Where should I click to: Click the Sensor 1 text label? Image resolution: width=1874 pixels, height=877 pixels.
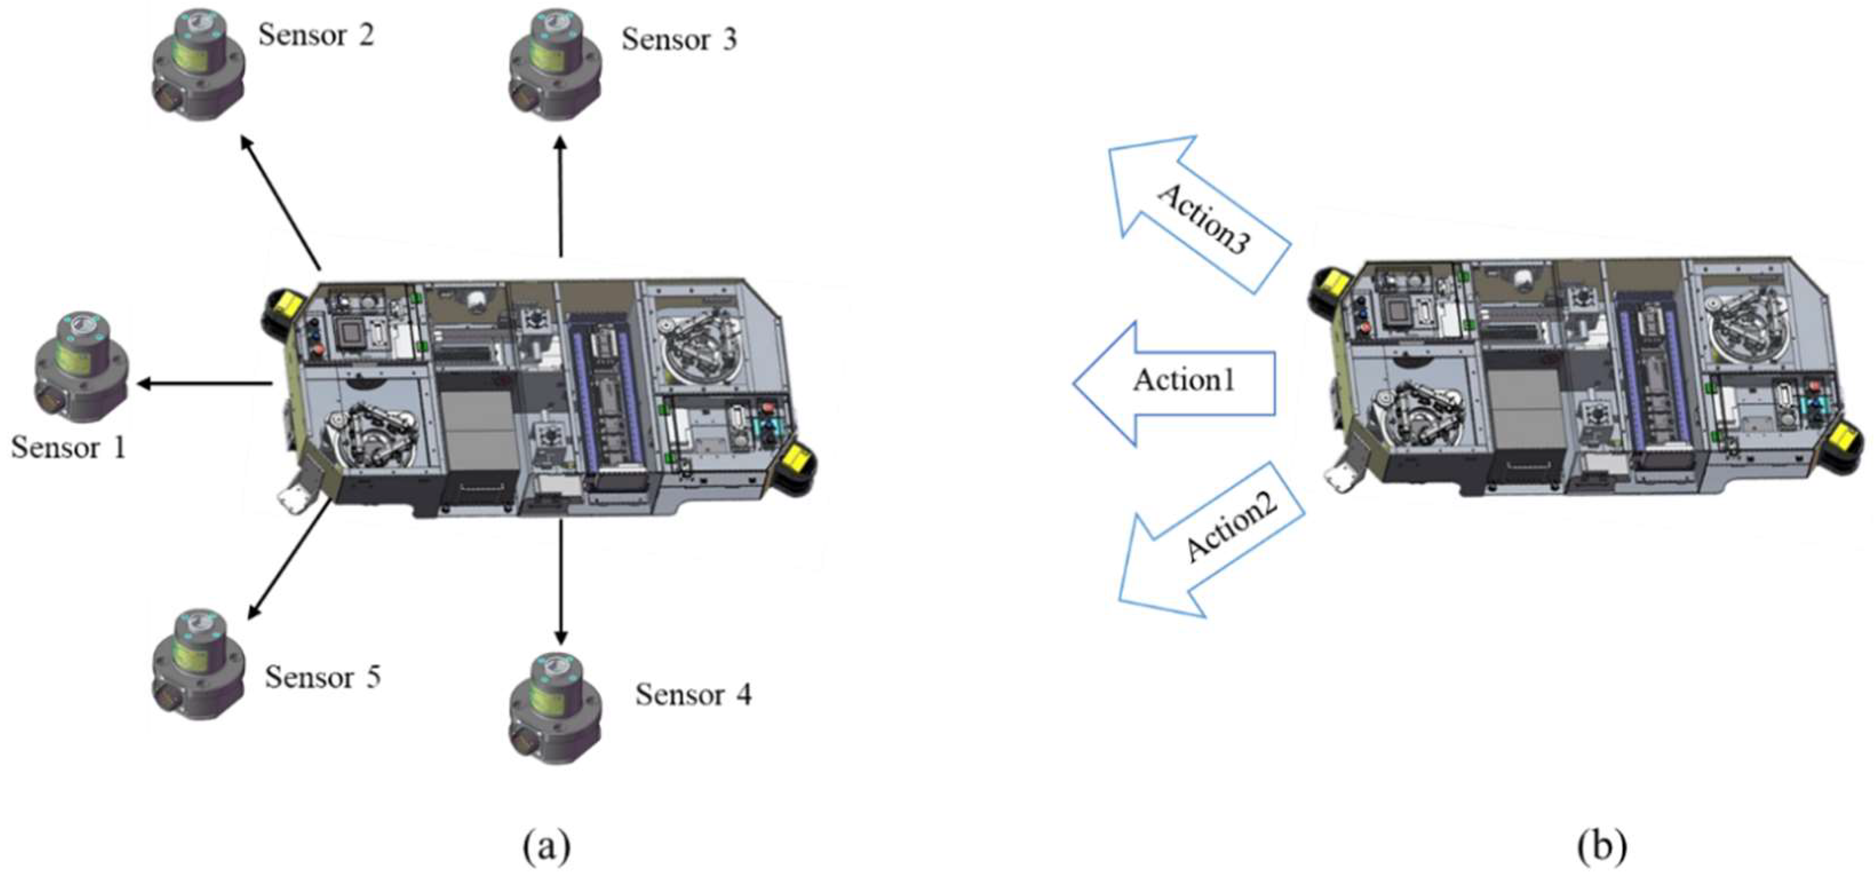69,447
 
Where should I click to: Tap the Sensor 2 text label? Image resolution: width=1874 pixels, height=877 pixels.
316,35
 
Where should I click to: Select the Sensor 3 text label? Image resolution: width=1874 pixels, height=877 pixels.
679,39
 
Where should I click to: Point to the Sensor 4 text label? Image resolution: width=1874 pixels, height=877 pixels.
693,695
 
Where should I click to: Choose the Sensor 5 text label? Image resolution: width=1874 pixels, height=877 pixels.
323,677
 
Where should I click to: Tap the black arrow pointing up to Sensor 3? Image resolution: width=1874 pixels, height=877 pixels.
560,196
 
